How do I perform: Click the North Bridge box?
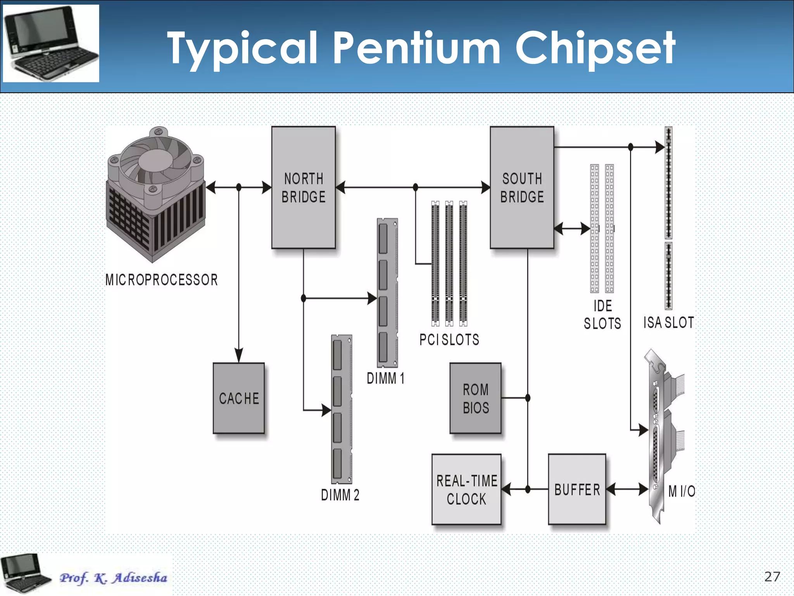coord(303,187)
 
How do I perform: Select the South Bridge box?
coord(522,187)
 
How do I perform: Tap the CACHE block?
coord(239,398)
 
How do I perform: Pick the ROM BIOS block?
coord(475,398)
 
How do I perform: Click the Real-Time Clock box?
coord(466,489)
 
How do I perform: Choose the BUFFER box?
coord(577,489)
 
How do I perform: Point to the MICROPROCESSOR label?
coord(161,280)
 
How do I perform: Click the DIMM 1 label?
coord(385,378)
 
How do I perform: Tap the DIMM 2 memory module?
coord(342,409)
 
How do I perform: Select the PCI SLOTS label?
coord(449,340)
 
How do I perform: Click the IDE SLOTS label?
coord(602,315)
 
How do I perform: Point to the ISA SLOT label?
coord(668,322)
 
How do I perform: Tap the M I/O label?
coord(682,491)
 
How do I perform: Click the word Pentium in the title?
coord(417,48)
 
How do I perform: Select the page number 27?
coord(772,577)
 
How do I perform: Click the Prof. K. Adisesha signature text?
coord(113,578)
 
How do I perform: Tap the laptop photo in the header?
coord(51,43)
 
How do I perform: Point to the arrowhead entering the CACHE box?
coord(239,355)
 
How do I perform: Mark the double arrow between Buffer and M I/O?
coord(627,489)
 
